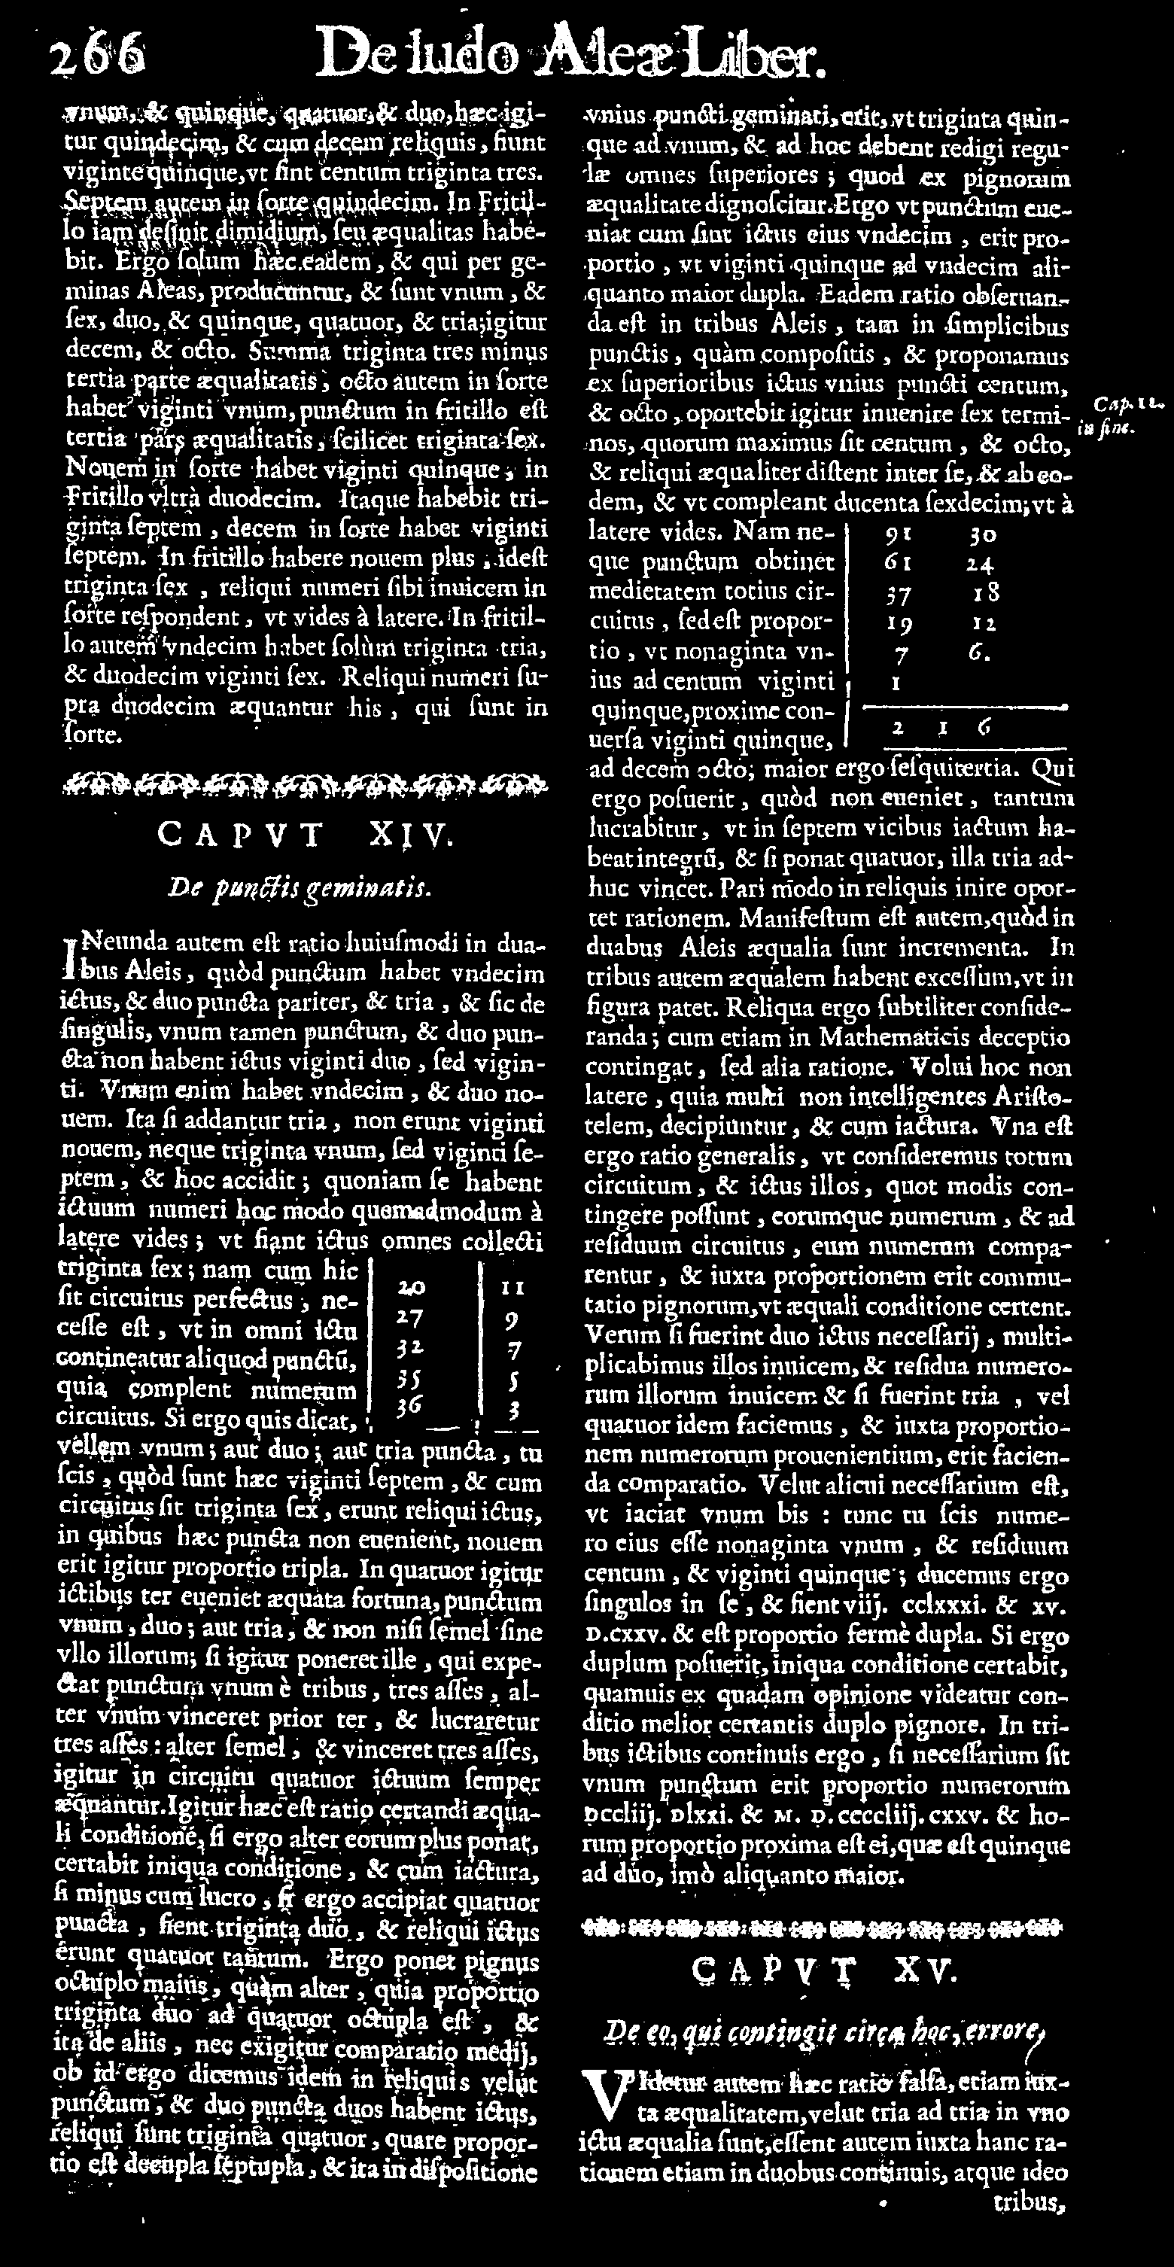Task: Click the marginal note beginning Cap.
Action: (1121, 416)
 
